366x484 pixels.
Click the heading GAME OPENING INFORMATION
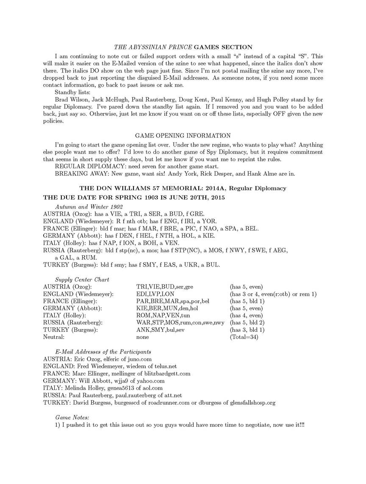click(x=183, y=136)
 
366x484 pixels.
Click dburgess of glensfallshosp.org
click(x=241, y=403)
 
